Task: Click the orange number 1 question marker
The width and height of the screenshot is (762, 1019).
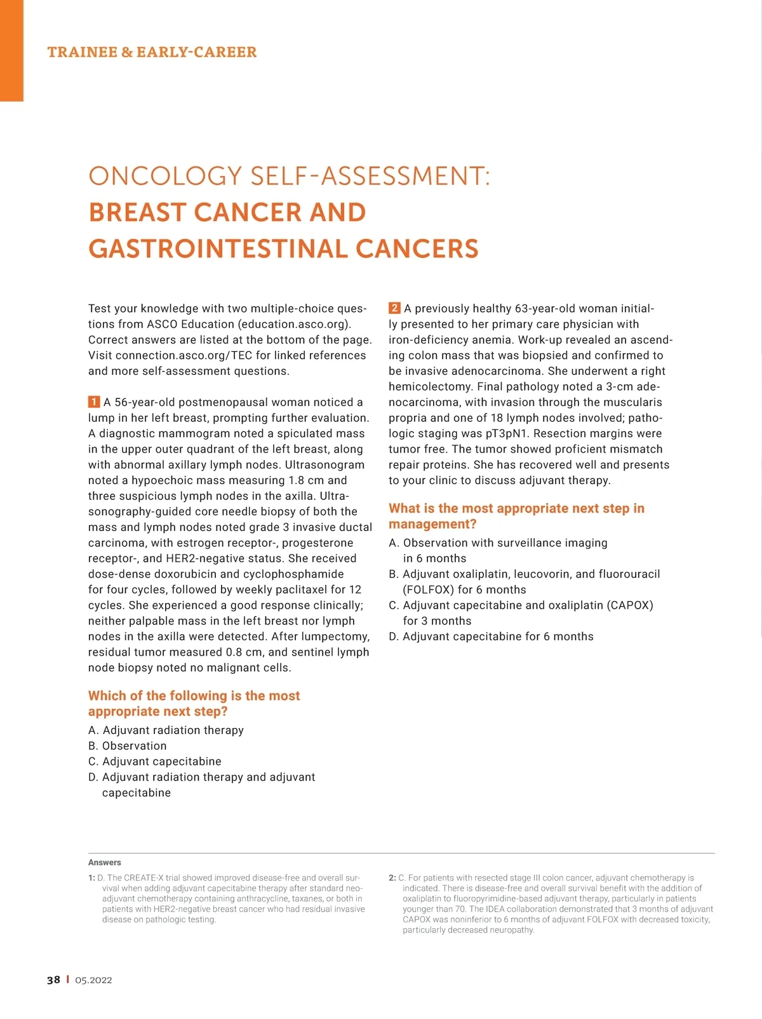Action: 94,402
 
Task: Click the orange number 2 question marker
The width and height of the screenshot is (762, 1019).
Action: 394,308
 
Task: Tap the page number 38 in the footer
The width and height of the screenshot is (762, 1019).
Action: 53,980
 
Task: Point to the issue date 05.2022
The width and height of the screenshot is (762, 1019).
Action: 93,980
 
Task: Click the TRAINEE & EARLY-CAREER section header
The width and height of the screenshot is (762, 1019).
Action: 152,52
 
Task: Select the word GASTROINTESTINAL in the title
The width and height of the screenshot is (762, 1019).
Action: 216,248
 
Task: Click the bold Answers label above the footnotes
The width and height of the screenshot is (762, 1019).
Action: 105,862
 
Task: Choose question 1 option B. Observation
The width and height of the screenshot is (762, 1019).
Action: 128,746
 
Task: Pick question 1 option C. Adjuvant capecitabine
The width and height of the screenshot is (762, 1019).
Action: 155,761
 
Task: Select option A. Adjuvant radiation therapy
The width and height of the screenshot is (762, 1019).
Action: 166,730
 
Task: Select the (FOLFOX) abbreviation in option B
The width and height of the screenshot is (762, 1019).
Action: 429,590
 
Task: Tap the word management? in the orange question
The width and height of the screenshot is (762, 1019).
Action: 432,524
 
